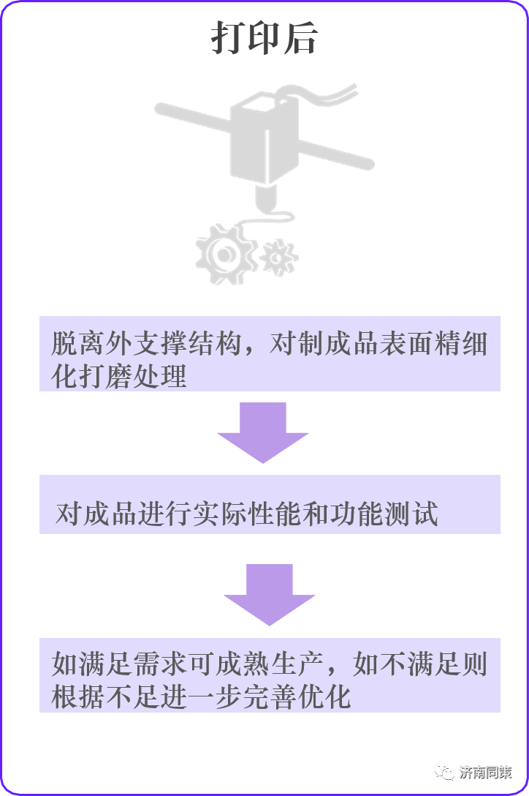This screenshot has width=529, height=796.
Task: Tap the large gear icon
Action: pos(224,253)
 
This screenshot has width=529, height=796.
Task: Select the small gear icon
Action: pos(279,258)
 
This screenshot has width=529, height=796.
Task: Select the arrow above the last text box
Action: pos(269,594)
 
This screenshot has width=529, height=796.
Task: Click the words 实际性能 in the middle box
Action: pos(249,514)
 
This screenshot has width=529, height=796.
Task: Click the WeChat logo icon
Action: pos(444,770)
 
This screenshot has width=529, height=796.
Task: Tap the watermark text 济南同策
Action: pos(485,771)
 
